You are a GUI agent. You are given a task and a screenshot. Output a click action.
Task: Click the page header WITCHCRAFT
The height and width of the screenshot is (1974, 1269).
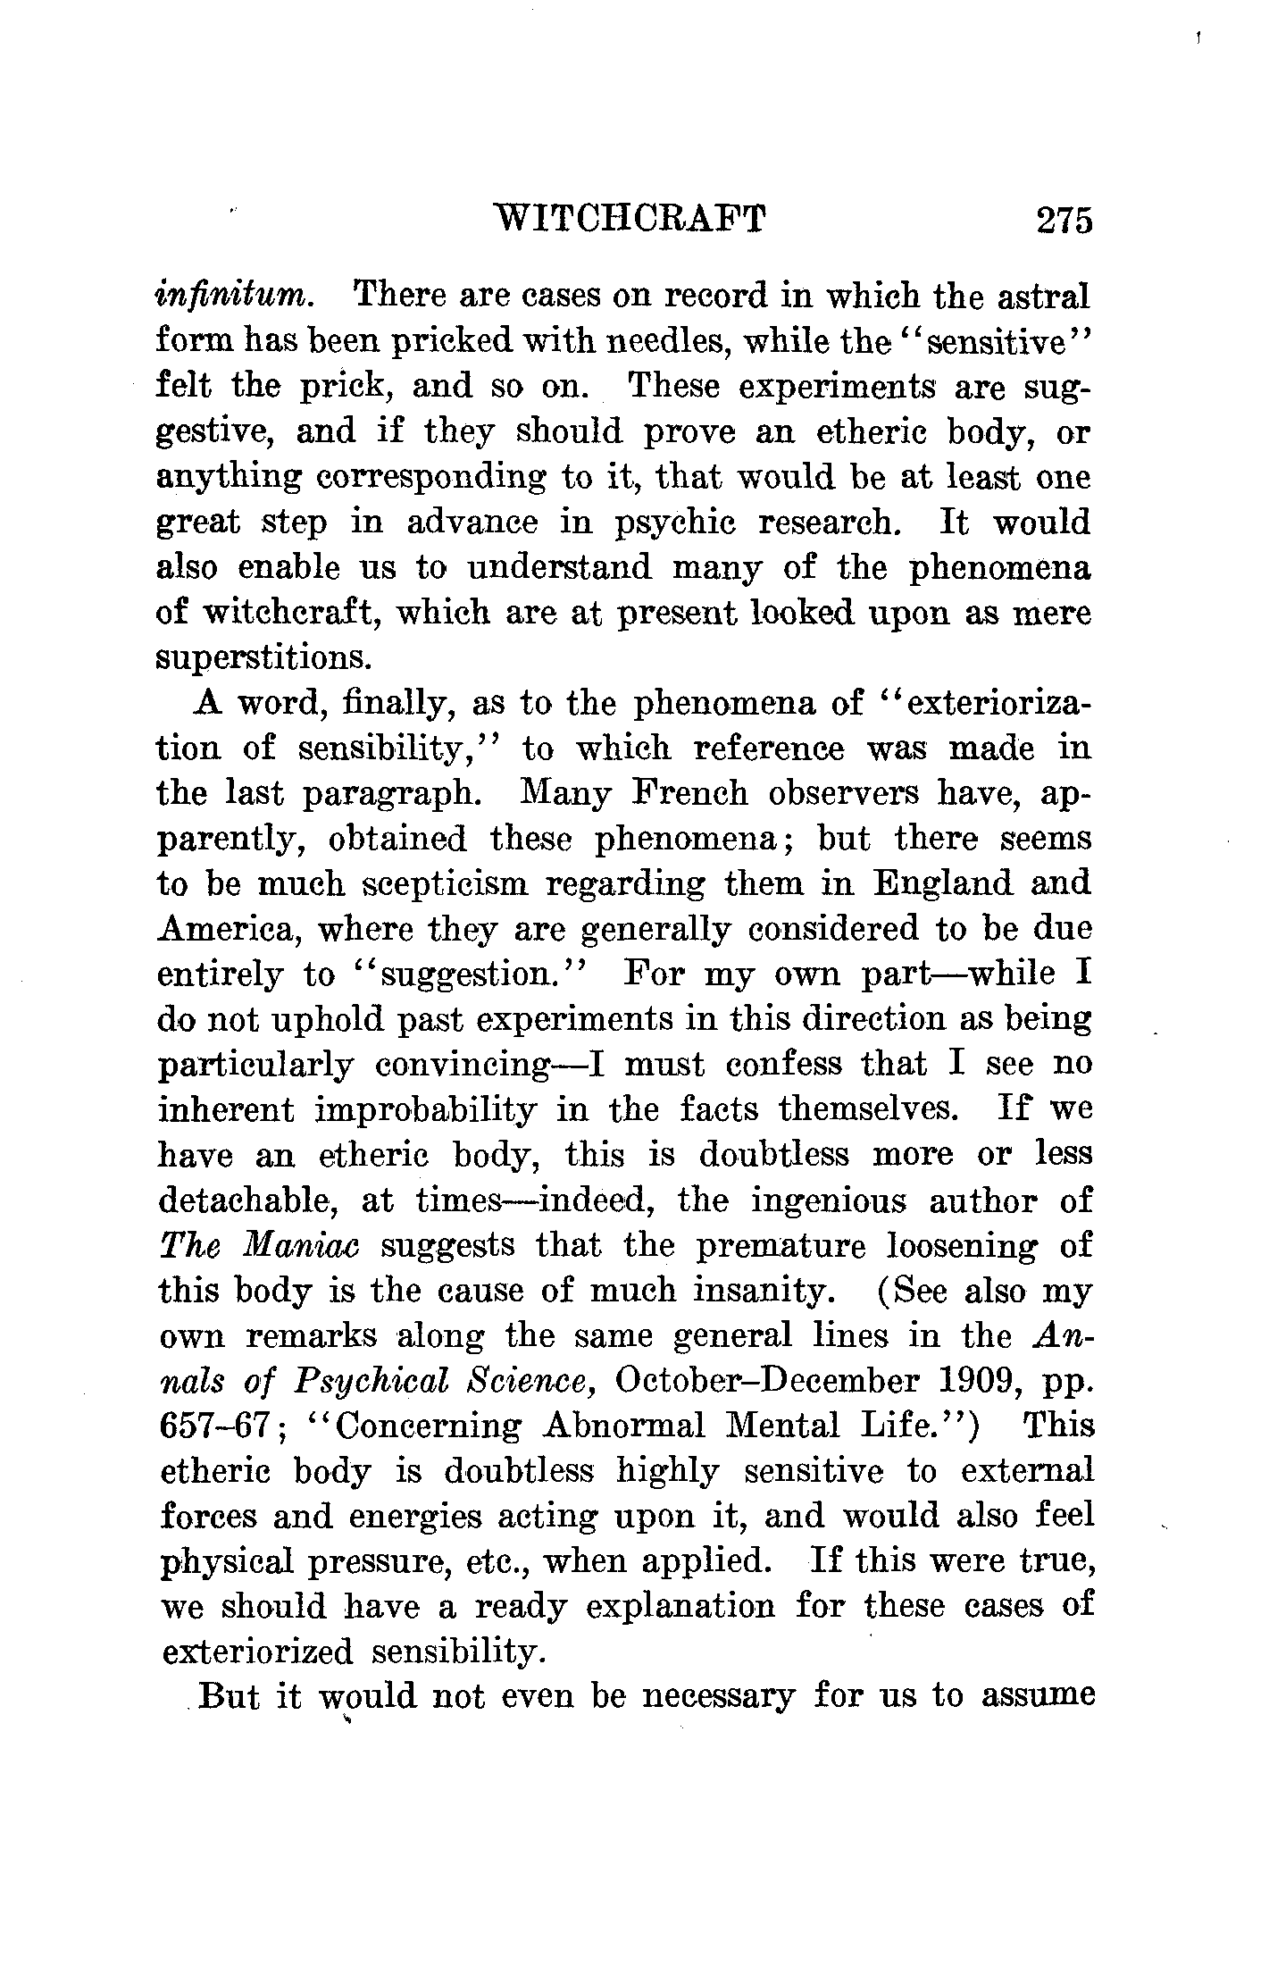point(630,219)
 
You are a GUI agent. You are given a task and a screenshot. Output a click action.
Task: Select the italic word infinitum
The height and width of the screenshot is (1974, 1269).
point(234,295)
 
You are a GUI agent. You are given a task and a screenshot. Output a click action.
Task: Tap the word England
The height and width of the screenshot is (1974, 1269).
point(943,883)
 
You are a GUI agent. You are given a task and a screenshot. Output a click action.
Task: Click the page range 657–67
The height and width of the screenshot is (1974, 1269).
point(214,1426)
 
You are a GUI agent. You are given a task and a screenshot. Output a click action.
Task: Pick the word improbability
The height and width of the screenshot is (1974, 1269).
point(426,1110)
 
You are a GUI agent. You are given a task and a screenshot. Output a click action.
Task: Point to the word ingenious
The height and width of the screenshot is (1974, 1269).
point(828,1201)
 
